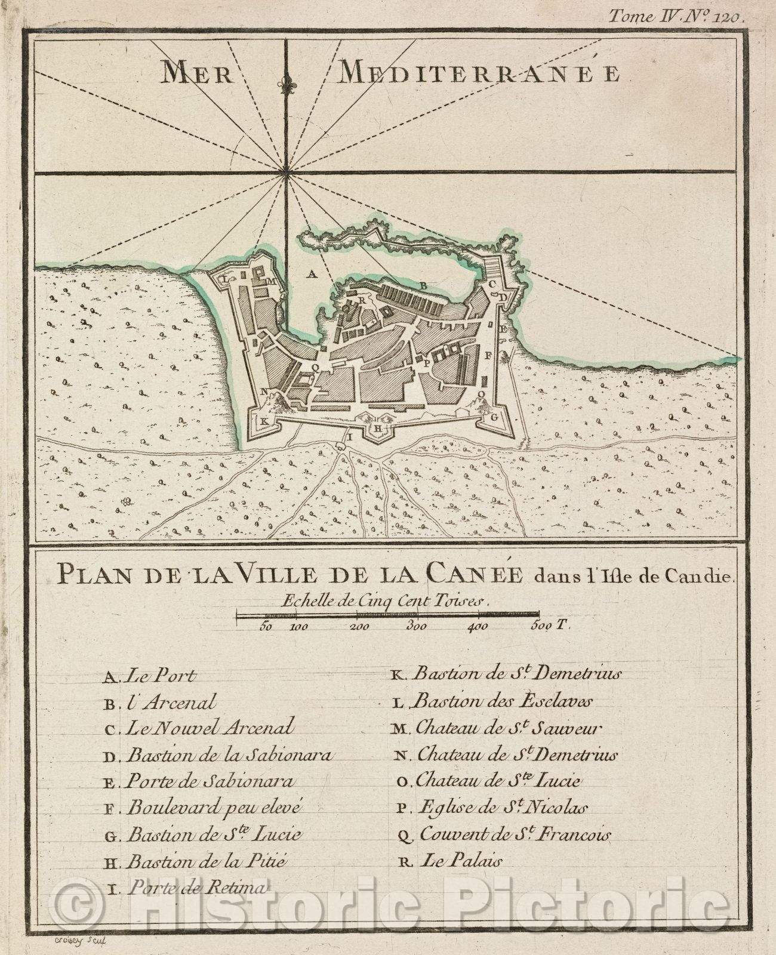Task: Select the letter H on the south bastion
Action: click(377, 427)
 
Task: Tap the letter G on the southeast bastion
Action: click(494, 417)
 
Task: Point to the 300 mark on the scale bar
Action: click(416, 627)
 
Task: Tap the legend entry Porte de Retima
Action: click(185, 888)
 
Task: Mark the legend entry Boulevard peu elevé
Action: click(206, 808)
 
